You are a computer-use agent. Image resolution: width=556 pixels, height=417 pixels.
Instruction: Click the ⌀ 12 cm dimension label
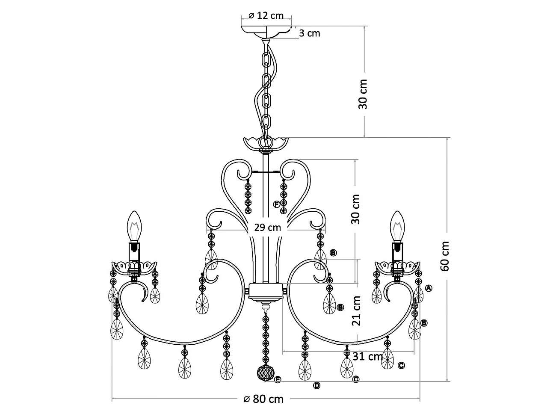tap(266, 15)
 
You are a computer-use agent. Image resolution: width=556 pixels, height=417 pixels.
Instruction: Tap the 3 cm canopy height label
tap(309, 33)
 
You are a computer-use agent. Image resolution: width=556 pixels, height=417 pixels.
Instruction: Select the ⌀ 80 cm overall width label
tap(263, 399)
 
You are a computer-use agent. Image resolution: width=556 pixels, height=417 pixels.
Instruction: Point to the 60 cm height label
tap(445, 256)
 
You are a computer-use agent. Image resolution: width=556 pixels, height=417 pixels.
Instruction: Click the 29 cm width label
tap(268, 228)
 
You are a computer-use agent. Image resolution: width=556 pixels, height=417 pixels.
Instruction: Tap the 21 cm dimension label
tap(356, 311)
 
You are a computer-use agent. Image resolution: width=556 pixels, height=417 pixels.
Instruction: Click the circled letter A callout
tap(429, 288)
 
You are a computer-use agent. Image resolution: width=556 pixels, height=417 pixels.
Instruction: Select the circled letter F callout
tap(277, 204)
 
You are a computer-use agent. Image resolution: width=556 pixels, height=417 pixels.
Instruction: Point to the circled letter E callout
tap(278, 379)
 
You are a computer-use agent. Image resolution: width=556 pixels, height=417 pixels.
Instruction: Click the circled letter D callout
tap(316, 385)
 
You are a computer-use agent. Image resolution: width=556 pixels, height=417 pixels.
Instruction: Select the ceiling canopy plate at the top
tap(266, 30)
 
